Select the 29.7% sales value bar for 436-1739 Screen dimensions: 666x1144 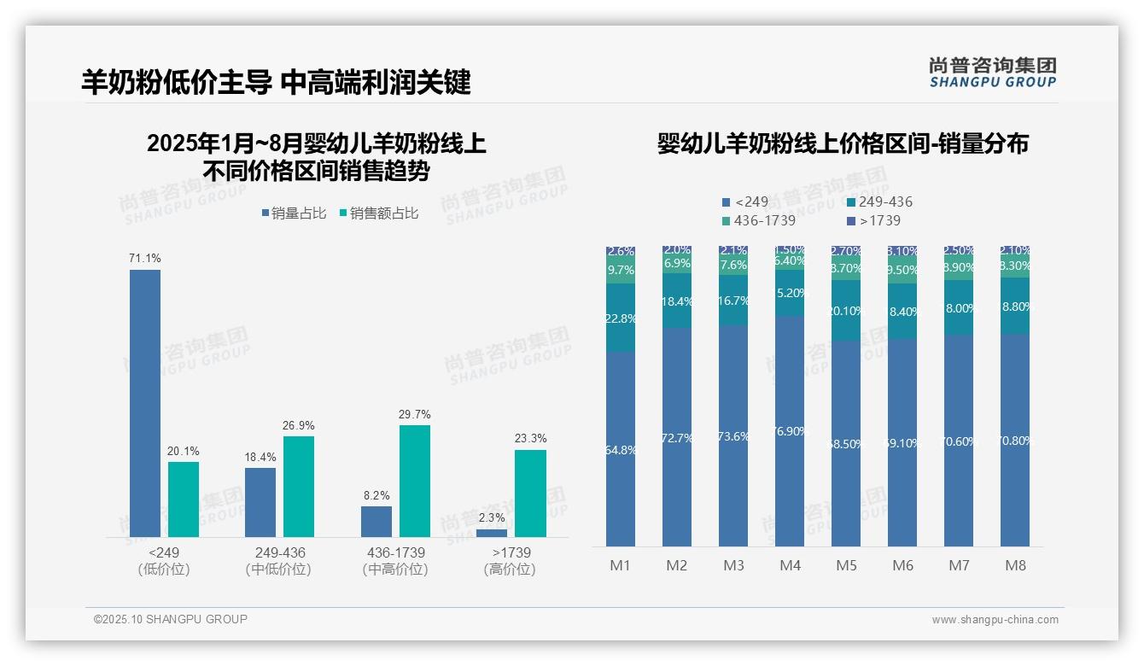[x=415, y=481]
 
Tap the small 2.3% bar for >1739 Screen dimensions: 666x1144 [x=492, y=533]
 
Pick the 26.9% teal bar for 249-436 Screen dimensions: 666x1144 [x=299, y=487]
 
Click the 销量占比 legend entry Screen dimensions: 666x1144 [x=293, y=213]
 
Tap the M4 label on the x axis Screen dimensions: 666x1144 [x=790, y=565]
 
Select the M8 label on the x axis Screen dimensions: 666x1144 [x=1015, y=565]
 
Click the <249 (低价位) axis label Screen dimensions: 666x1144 [x=164, y=561]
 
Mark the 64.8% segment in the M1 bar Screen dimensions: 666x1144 [x=621, y=449]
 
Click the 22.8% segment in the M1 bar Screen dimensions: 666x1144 [x=621, y=318]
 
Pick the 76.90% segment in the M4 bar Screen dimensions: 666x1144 [x=790, y=431]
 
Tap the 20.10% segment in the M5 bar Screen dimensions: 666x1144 [x=846, y=311]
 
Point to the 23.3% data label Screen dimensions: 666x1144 [x=531, y=438]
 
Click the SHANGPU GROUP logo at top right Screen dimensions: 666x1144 [x=992, y=73]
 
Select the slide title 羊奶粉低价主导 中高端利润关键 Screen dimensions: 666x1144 [x=276, y=82]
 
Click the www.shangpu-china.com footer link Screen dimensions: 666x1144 [x=995, y=620]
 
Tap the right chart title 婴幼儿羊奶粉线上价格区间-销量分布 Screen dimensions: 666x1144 [x=843, y=143]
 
